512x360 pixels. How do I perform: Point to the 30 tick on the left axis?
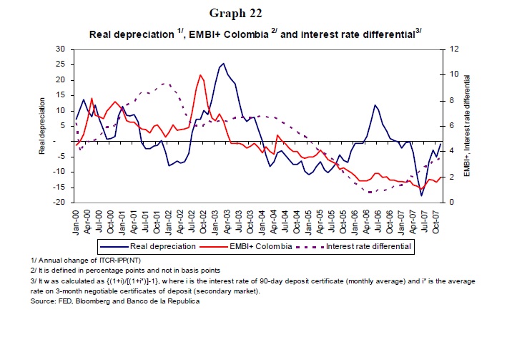pyautogui.click(x=60, y=49)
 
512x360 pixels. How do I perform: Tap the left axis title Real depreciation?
pyautogui.click(x=42, y=126)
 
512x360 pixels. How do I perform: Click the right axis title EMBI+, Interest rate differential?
pyautogui.click(x=466, y=126)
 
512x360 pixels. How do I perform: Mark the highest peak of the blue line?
pyautogui.click(x=224, y=63)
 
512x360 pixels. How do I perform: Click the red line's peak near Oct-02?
pyautogui.click(x=201, y=74)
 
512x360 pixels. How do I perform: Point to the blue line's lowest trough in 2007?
pyautogui.click(x=422, y=195)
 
